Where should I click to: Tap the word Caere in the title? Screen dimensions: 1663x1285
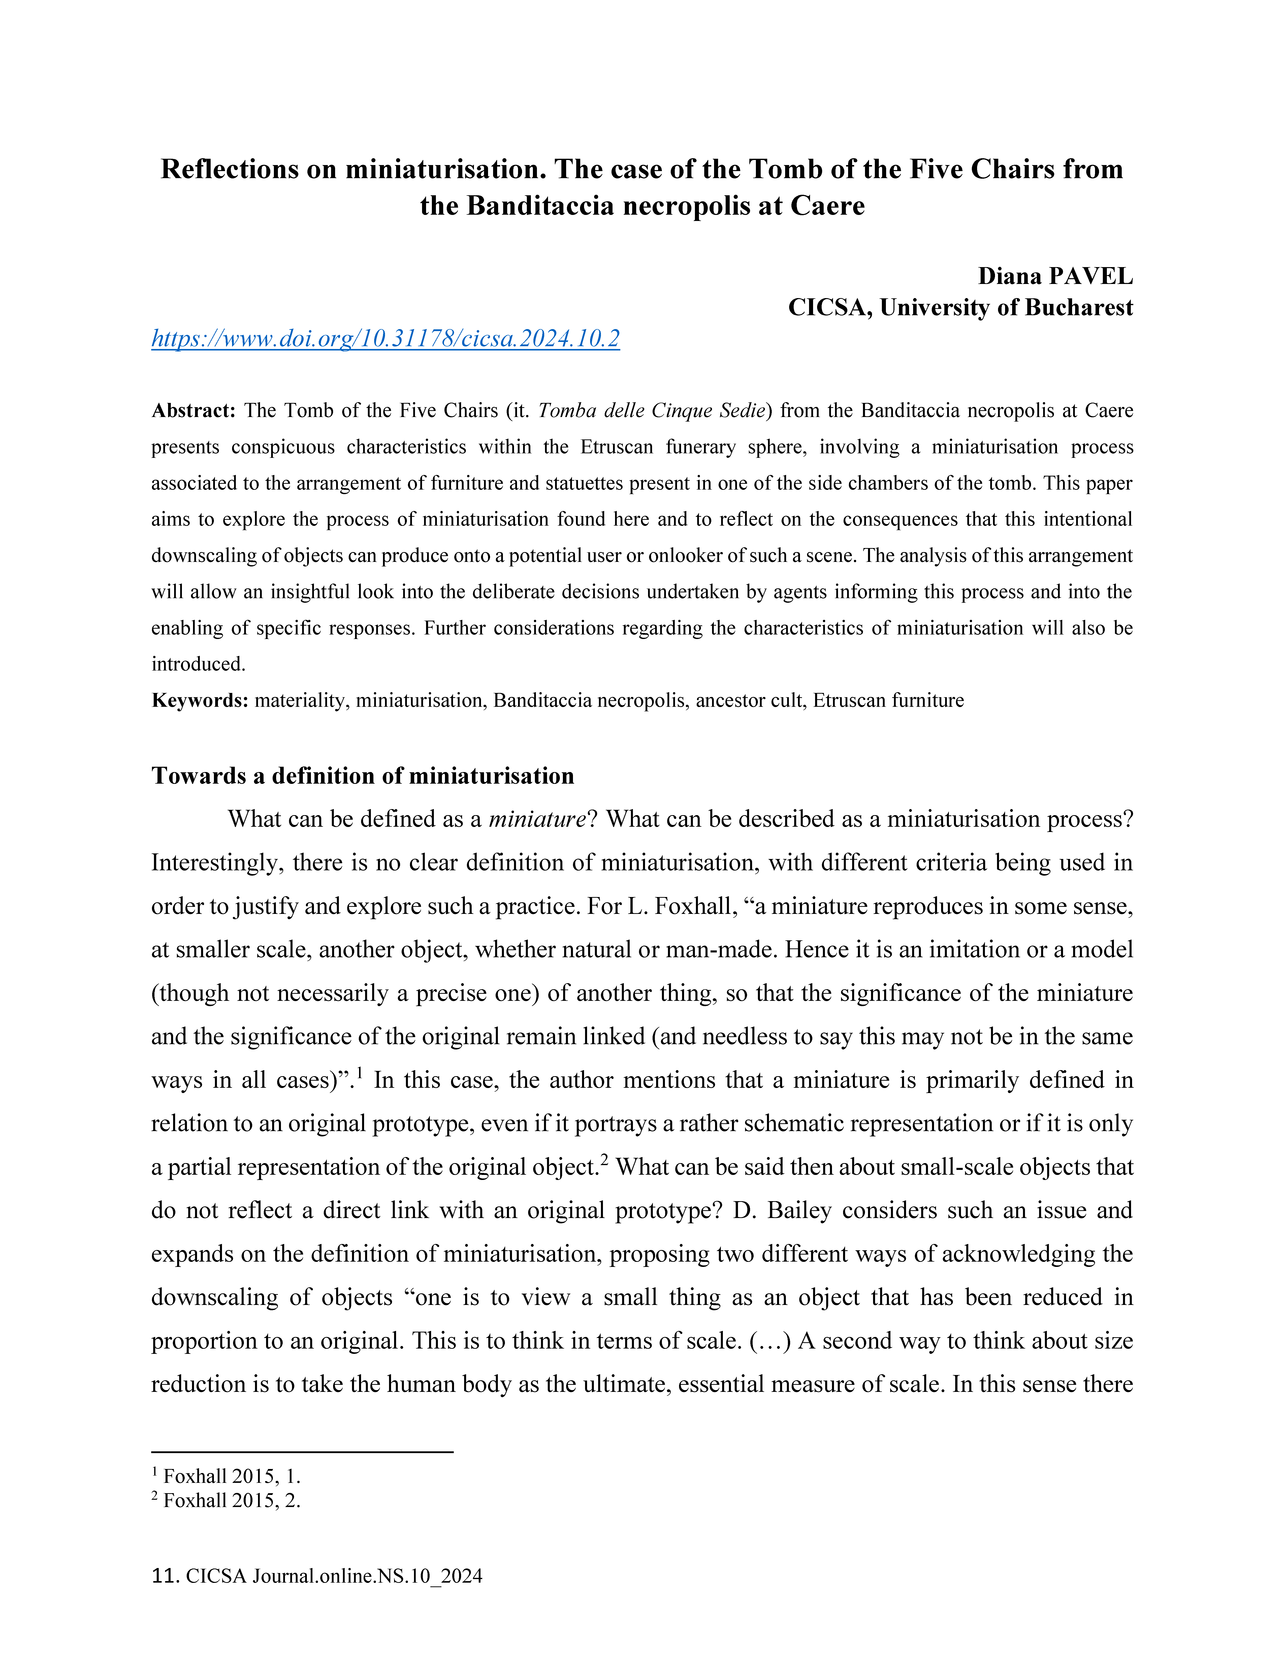(x=827, y=206)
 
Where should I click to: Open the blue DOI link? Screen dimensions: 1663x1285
(x=385, y=338)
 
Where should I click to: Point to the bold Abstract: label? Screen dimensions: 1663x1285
(x=193, y=411)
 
